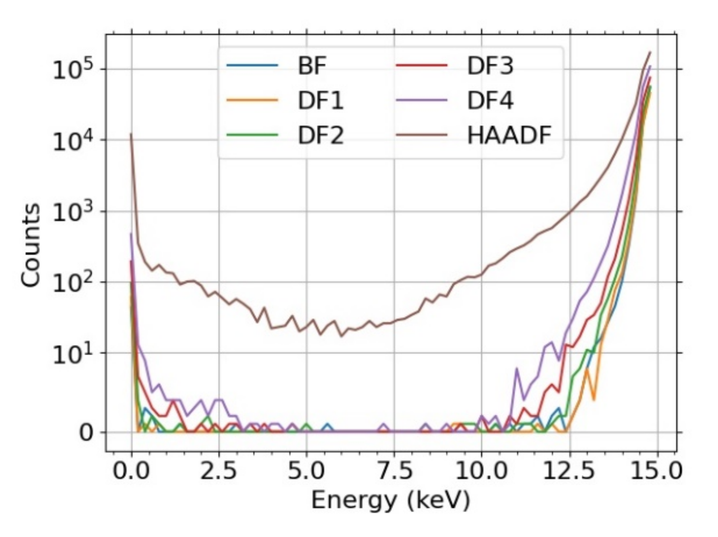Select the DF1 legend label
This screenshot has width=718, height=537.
(x=320, y=101)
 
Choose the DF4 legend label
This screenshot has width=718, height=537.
(x=490, y=101)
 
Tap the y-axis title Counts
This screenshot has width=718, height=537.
(x=31, y=245)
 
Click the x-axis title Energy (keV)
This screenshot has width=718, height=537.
(x=390, y=500)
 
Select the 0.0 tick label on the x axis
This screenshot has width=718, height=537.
(x=131, y=471)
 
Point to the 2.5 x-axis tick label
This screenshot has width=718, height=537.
(x=219, y=471)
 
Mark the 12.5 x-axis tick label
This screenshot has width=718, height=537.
(x=569, y=471)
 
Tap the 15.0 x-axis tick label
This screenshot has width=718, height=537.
(x=657, y=471)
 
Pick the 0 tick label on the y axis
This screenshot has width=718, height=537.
(x=87, y=433)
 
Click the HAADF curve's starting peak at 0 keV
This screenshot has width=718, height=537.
(x=131, y=134)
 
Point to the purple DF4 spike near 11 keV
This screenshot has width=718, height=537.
(x=517, y=369)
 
